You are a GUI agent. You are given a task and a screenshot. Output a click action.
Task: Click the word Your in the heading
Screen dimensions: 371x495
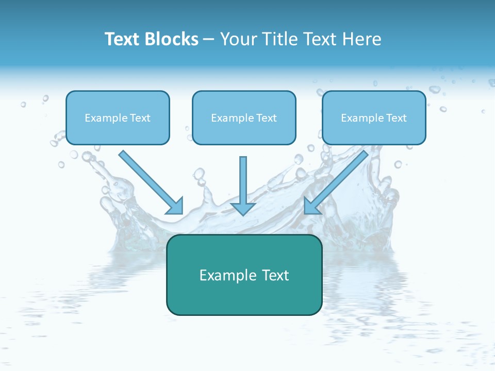click(238, 39)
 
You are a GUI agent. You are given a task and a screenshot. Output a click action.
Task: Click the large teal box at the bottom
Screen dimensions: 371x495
click(244, 299)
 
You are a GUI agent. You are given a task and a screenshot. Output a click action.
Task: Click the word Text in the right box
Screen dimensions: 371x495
click(396, 118)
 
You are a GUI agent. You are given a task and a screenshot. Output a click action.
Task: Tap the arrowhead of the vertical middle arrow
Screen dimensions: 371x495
click(243, 208)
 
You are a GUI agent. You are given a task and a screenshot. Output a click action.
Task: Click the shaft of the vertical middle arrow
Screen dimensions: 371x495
click(243, 178)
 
